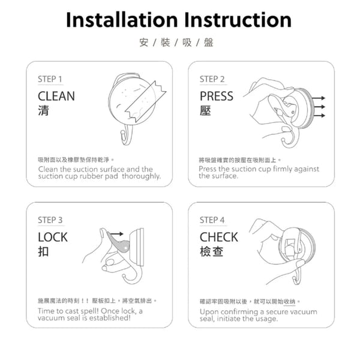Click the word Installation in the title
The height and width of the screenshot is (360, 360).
click(x=122, y=20)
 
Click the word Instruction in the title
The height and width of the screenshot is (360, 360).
click(x=238, y=20)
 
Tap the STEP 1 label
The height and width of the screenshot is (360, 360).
click(x=50, y=79)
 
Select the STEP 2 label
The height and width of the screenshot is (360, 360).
click(x=212, y=79)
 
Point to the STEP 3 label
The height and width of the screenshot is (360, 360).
click(x=50, y=220)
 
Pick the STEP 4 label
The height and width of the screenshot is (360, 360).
click(x=212, y=220)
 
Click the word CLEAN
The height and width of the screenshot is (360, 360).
click(x=56, y=96)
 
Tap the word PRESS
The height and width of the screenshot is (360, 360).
click(x=217, y=96)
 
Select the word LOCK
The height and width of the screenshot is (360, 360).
click(x=53, y=237)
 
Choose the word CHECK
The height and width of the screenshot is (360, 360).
click(x=219, y=237)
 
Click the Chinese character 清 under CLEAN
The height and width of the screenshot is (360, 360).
click(x=43, y=110)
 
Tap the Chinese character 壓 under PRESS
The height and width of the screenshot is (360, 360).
click(x=205, y=110)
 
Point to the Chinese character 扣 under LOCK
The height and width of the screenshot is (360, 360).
click(x=43, y=251)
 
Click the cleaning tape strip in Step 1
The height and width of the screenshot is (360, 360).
click(x=146, y=101)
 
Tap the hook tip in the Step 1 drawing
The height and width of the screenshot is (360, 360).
click(x=122, y=133)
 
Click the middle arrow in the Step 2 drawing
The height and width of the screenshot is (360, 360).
click(x=319, y=107)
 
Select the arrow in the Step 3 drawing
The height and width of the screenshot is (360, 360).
click(x=117, y=234)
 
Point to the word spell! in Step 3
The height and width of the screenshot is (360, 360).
click(x=88, y=311)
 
